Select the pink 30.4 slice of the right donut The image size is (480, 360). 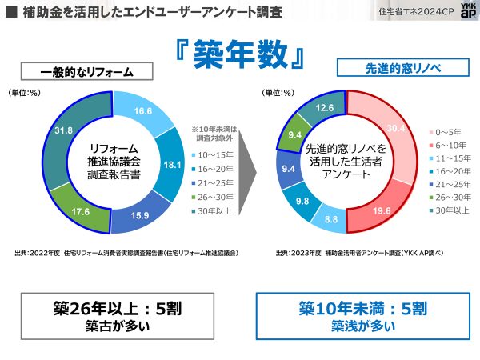(394, 127)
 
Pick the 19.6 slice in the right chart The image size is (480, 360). (382, 211)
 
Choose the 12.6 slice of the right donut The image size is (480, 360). (324, 108)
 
